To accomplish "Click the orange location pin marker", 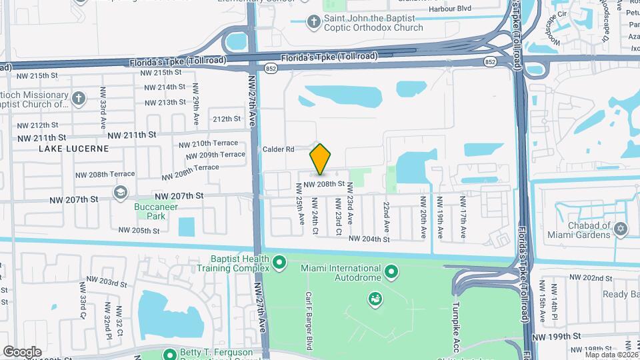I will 321,159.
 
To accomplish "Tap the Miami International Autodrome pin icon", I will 391,272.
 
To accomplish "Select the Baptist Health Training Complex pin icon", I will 279,263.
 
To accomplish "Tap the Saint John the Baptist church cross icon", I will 313,22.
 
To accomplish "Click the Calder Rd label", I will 279,149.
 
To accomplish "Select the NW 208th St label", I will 324,183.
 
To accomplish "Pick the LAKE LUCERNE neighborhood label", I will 73,148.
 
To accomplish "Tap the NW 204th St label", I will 369,239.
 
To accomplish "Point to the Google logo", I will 22,351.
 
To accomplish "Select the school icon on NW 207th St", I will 120,193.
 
